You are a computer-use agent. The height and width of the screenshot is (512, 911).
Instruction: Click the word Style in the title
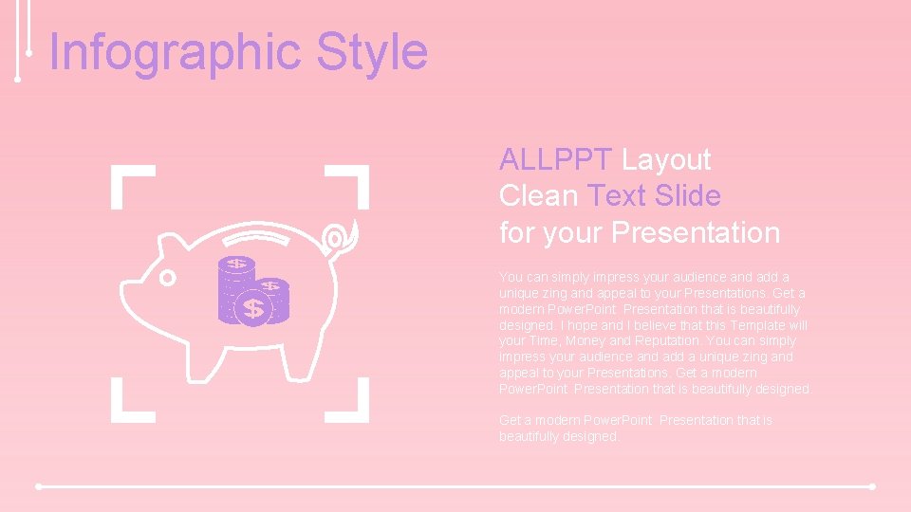(372, 52)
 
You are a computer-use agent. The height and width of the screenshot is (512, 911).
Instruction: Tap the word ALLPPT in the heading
(556, 160)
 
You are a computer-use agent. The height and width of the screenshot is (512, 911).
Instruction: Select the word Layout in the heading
(666, 160)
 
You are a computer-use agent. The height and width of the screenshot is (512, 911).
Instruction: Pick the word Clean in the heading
(539, 196)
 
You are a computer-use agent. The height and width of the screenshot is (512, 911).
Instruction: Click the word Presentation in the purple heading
(697, 232)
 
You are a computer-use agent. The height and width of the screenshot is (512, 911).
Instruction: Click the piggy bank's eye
(168, 278)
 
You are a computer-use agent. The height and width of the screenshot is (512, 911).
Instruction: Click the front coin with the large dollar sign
(253, 309)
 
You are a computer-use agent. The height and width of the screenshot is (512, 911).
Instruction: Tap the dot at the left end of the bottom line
(39, 486)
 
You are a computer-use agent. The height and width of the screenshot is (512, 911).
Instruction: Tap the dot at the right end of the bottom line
(872, 486)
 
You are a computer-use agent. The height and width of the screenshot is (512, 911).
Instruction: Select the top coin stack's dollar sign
(236, 264)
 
